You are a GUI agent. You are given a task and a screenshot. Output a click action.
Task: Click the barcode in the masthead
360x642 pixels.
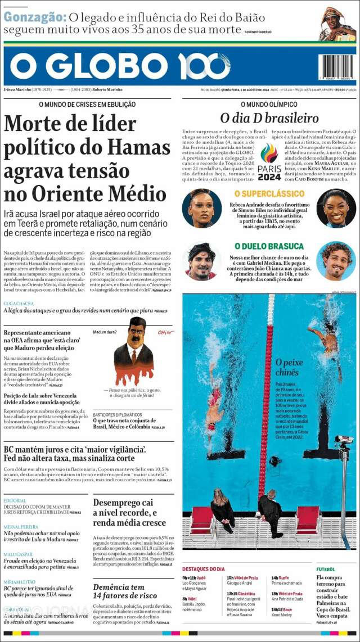336,69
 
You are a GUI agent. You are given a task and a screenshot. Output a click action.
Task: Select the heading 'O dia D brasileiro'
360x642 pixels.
269,117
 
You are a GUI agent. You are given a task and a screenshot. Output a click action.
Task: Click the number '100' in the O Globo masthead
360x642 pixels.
205,66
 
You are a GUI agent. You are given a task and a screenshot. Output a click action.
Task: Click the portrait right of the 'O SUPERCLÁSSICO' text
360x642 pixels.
336,207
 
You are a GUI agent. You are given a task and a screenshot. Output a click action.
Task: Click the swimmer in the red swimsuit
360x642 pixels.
214,405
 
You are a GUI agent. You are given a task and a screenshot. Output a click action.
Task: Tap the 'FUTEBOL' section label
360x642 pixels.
326,569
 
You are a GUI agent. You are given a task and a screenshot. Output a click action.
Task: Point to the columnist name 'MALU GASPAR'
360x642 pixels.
20,554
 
